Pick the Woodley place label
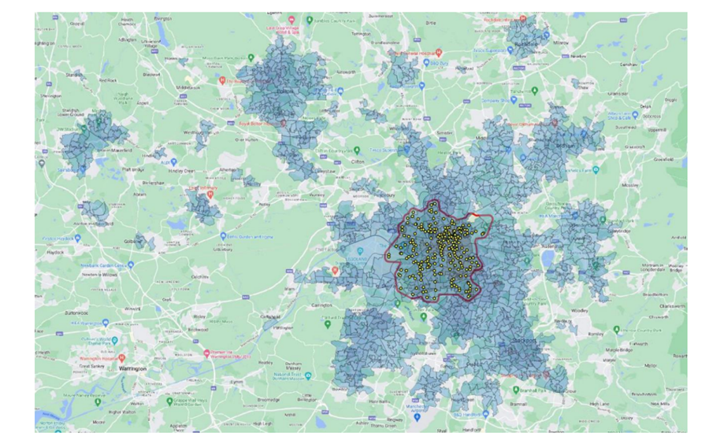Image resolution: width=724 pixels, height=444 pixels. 581,310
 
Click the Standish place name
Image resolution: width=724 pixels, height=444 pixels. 75,74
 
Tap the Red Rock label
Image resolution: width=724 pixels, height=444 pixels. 107,80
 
